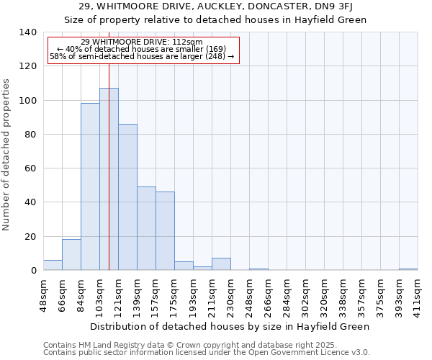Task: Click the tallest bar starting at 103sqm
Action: pyautogui.click(x=109, y=179)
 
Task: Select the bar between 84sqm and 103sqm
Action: pyautogui.click(x=90, y=186)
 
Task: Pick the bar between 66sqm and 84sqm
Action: pyautogui.click(x=71, y=255)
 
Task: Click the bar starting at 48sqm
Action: pyautogui.click(x=53, y=265)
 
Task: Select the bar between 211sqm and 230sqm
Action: pyautogui.click(x=221, y=264)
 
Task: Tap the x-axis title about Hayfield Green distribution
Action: pyautogui.click(x=230, y=326)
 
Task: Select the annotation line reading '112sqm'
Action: pyautogui.click(x=142, y=42)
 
